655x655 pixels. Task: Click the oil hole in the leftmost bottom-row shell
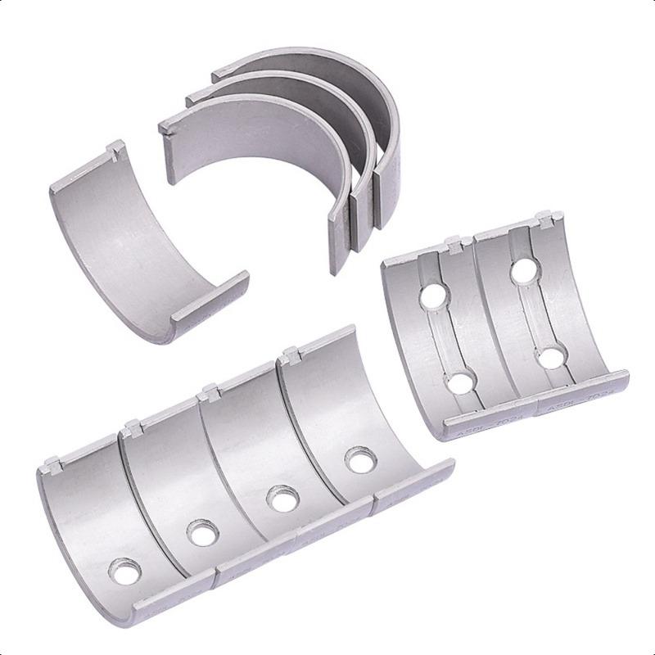125,571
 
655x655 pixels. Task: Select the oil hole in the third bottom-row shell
283,498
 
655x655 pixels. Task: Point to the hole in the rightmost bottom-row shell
358,460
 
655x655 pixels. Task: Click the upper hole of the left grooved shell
435,296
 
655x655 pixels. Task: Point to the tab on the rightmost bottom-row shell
288,356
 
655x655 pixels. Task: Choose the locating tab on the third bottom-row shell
210,391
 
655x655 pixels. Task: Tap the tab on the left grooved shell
452,244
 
